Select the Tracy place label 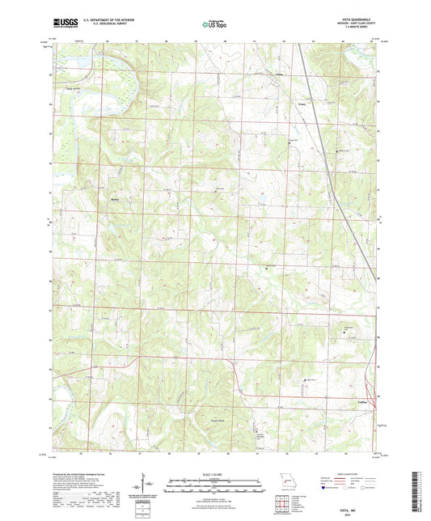coord(302,103)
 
